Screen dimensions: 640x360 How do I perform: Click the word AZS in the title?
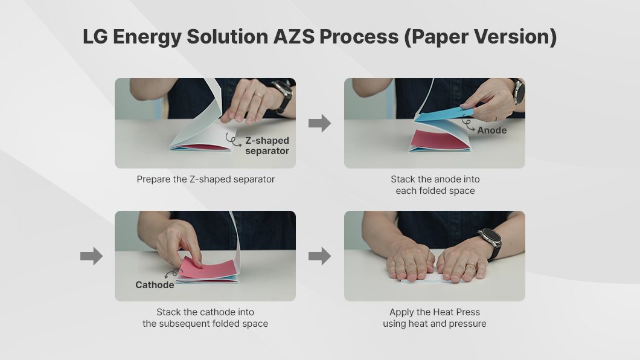[x=294, y=36]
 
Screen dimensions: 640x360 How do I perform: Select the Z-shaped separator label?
[x=267, y=146]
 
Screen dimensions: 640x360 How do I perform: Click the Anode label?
[x=492, y=130]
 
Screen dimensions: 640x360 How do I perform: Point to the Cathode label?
[x=155, y=285]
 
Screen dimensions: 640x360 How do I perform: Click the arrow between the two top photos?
[x=319, y=123]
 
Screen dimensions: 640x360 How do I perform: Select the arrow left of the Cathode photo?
[x=91, y=256]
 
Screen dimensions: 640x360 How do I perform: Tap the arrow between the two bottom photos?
[x=319, y=256]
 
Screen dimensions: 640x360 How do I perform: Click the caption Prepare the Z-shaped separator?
[x=206, y=179]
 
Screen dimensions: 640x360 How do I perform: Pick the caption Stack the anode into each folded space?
[x=435, y=185]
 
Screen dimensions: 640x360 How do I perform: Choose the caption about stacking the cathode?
[x=205, y=318]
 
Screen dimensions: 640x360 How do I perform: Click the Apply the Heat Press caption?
[x=435, y=318]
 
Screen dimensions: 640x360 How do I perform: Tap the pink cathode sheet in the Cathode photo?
[x=209, y=268]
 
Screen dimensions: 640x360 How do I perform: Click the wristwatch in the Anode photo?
[x=519, y=91]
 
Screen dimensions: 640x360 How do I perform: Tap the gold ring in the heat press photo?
[x=471, y=266]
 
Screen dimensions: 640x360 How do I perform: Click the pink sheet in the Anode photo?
[x=439, y=140]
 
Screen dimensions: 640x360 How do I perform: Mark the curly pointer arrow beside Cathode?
[x=173, y=272]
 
